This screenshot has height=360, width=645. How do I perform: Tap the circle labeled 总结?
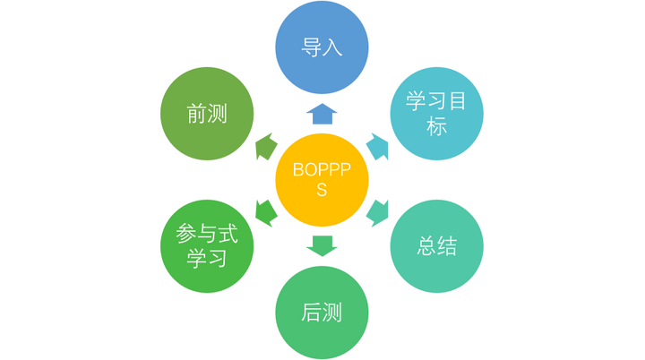point(436,245)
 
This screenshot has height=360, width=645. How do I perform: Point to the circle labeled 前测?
point(206,114)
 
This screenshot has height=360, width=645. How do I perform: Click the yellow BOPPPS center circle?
point(322,179)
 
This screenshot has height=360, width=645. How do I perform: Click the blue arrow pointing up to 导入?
point(322,112)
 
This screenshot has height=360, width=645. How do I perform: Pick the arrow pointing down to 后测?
point(322,245)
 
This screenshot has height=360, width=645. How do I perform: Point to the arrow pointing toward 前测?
point(265,145)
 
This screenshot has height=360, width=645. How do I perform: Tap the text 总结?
point(436,245)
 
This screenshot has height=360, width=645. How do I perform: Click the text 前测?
point(206,114)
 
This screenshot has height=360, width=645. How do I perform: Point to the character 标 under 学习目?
point(436,126)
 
